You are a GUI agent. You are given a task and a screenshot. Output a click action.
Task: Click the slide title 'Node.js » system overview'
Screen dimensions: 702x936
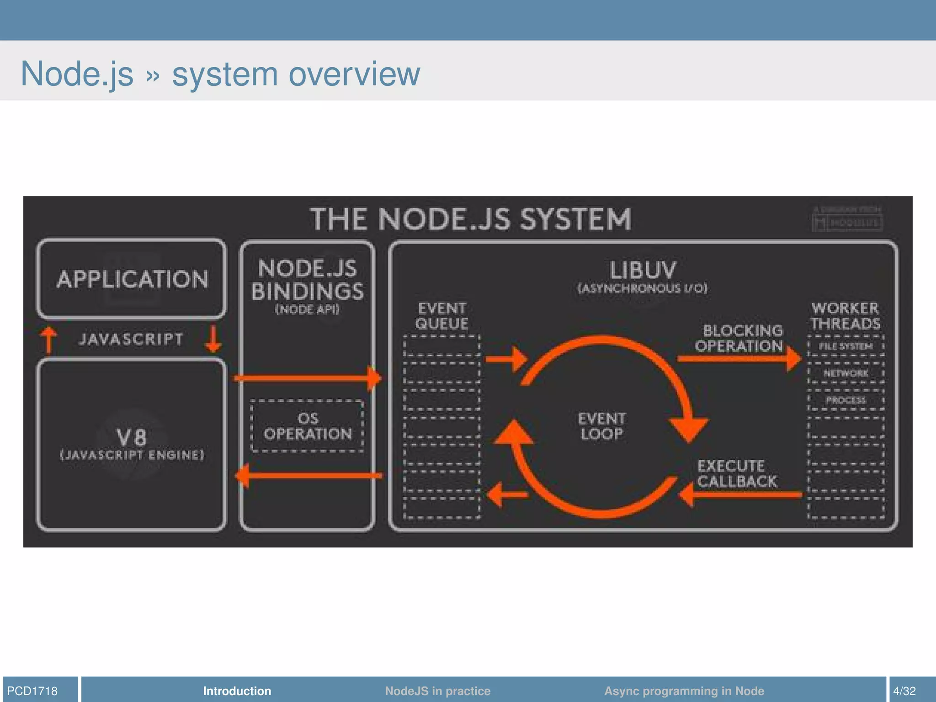(x=220, y=74)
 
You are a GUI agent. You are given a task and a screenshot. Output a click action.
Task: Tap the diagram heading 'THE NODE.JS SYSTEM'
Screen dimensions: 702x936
(x=470, y=219)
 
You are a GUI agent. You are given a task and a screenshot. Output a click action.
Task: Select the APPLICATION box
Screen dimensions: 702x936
(x=132, y=279)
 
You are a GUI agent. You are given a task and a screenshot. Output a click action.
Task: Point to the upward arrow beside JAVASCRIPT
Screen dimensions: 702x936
(x=48, y=340)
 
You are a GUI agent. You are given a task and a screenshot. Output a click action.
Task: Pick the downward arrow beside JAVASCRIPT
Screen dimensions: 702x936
(x=213, y=339)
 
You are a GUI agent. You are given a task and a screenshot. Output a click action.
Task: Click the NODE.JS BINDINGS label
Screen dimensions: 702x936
(x=307, y=280)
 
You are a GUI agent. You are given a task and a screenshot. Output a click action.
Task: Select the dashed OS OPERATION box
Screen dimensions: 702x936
(x=307, y=426)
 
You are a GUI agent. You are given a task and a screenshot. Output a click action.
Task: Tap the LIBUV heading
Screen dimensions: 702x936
(x=643, y=270)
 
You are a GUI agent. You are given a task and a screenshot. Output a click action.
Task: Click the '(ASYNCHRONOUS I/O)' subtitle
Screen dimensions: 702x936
(x=643, y=288)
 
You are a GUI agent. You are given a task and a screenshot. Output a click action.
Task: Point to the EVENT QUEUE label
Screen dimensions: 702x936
(x=441, y=316)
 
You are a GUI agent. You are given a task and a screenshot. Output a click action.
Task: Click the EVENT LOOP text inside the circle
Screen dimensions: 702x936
(x=601, y=426)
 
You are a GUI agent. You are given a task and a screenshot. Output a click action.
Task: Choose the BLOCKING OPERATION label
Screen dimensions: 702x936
(x=739, y=338)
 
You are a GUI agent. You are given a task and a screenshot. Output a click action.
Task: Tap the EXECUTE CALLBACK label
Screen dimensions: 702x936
(x=736, y=473)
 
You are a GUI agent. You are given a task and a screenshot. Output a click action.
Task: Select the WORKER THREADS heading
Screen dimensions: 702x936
(x=846, y=316)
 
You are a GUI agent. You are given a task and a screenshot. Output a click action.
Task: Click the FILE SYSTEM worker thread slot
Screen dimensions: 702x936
(x=846, y=346)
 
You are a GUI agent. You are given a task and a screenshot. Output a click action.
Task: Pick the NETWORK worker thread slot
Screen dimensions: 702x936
(x=846, y=373)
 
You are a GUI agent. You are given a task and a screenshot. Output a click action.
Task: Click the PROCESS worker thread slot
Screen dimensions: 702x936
(x=846, y=400)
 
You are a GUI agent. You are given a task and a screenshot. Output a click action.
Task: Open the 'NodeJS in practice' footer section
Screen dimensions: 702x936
(x=437, y=691)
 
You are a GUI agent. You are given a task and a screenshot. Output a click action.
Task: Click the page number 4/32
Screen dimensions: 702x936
(x=904, y=691)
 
